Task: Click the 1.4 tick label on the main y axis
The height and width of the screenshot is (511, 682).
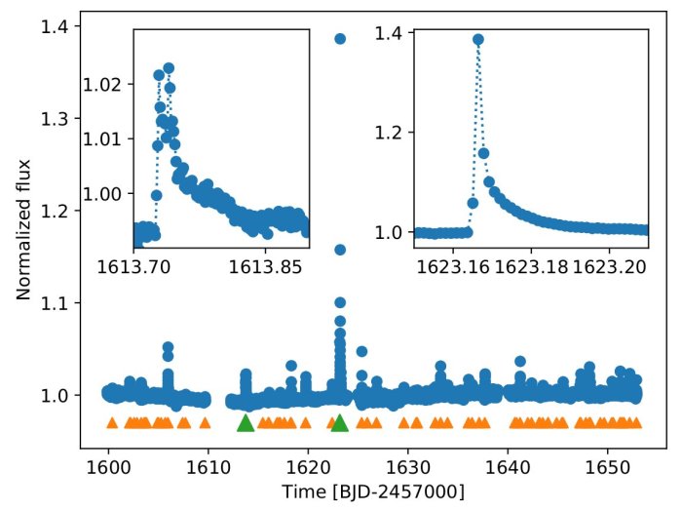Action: [55, 26]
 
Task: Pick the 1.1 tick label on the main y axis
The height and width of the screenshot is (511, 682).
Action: [55, 303]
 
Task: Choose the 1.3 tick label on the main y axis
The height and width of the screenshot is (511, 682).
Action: [55, 119]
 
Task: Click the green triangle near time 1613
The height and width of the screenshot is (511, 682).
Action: [245, 422]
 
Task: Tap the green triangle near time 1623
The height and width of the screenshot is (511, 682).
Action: [339, 422]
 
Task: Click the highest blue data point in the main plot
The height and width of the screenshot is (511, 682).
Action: [340, 39]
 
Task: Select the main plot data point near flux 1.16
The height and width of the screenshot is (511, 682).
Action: [340, 250]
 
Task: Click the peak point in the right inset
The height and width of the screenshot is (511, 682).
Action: [477, 40]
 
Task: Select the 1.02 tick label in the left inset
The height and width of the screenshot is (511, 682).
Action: [109, 85]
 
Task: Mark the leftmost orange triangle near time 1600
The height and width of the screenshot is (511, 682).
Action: [111, 423]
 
